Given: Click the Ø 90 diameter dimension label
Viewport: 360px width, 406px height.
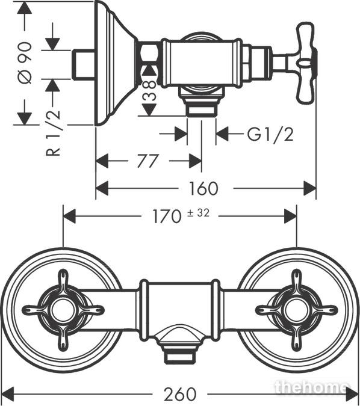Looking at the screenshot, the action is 25,63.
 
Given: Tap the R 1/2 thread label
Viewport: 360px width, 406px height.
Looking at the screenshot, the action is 53,133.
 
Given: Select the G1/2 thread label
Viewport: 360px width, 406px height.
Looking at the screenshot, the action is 270,135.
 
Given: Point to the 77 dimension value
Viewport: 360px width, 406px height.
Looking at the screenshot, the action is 147,161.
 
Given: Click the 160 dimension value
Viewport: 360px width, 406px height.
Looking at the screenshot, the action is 203,188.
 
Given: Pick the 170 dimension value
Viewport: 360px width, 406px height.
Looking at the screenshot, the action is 167,216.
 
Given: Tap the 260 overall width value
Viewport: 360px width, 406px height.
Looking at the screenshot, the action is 179,395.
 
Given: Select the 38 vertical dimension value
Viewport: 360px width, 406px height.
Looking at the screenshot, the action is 150,91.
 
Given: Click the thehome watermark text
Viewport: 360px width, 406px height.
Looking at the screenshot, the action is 311,387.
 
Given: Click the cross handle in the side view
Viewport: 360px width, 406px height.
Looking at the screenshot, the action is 307,63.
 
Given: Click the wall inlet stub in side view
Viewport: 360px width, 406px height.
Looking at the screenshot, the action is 84,64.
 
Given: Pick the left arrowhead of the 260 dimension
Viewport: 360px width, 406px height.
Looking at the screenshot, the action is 8,395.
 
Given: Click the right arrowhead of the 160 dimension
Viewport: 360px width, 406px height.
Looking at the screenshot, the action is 310,188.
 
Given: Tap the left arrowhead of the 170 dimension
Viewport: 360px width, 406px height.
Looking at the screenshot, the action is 69,216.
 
